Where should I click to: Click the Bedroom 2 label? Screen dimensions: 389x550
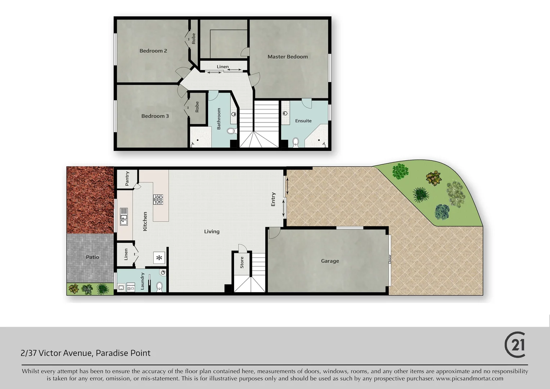click(x=153, y=51)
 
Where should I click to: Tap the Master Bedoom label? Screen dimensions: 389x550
click(x=288, y=57)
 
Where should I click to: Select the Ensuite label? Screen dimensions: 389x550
click(x=303, y=121)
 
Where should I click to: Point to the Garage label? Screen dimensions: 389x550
click(x=330, y=261)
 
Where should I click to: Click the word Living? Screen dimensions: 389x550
click(x=212, y=232)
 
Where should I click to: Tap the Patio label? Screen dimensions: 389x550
click(x=92, y=257)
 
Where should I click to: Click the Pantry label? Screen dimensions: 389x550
click(x=127, y=179)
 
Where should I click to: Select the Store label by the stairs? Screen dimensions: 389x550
click(x=242, y=262)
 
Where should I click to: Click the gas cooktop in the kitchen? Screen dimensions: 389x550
click(x=158, y=199)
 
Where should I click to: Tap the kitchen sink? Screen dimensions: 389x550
click(x=124, y=216)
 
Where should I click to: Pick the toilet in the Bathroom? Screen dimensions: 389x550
click(x=232, y=131)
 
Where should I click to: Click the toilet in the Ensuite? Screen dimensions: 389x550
click(x=296, y=142)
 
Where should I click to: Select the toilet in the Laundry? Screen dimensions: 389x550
click(x=159, y=287)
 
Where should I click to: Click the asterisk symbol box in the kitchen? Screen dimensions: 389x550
click(x=159, y=258)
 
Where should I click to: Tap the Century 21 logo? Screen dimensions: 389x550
click(x=515, y=345)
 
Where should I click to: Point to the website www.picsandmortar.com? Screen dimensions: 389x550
click(x=469, y=379)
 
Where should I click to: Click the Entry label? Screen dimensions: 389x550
click(x=273, y=199)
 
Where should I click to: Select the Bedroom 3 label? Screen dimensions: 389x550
click(x=155, y=116)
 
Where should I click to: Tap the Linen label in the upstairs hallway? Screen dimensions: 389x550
click(x=222, y=67)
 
